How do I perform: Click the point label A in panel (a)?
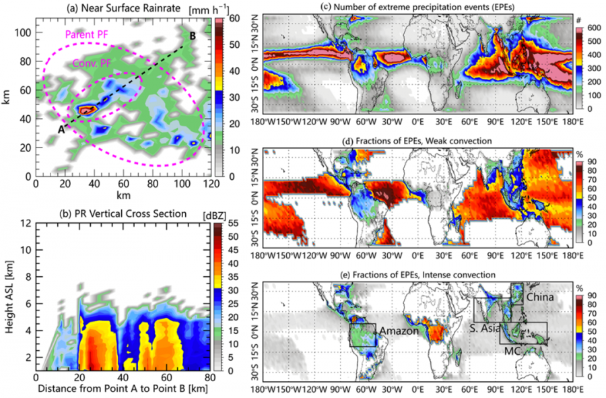point(60,130)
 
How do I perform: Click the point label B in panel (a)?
point(194,36)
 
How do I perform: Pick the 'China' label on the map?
point(541,296)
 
